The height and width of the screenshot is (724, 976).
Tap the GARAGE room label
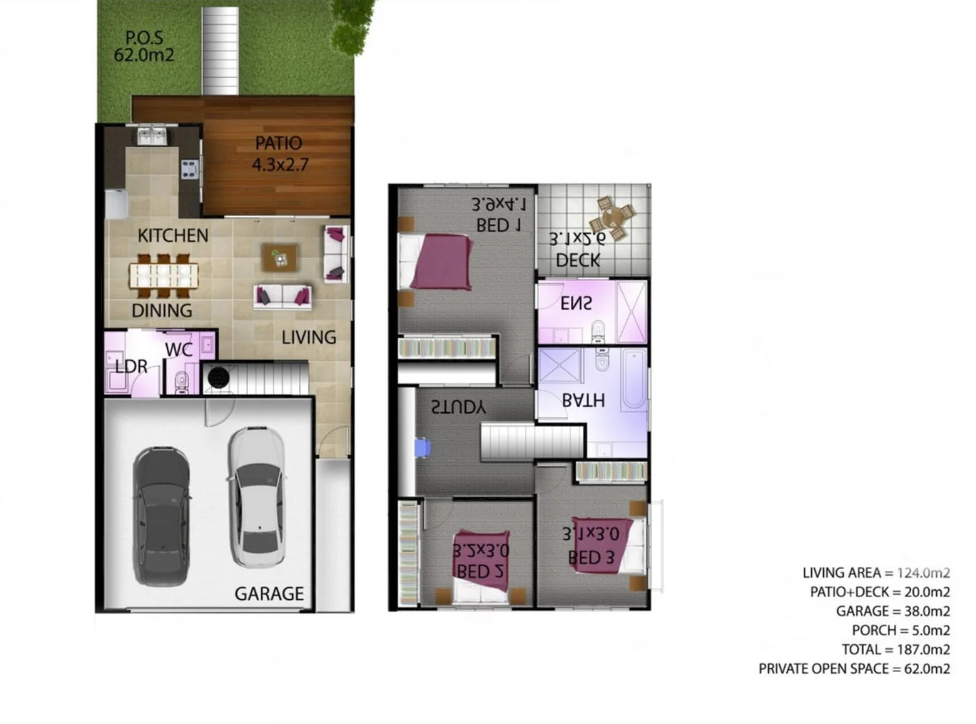269,594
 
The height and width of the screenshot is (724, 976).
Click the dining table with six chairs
164,275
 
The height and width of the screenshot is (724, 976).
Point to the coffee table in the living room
280,257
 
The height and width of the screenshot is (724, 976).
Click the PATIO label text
278,143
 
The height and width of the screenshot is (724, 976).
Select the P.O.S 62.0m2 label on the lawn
144,46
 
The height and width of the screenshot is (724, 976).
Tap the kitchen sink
152,136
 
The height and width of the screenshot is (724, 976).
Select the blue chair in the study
422,448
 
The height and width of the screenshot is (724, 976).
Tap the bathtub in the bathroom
633,379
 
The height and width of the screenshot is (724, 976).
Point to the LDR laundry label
131,367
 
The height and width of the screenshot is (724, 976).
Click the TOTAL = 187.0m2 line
896,650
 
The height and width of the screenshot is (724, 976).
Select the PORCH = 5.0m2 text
900,630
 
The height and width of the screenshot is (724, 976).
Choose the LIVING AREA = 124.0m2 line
875,572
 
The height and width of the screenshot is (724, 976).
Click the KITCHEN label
173,236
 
